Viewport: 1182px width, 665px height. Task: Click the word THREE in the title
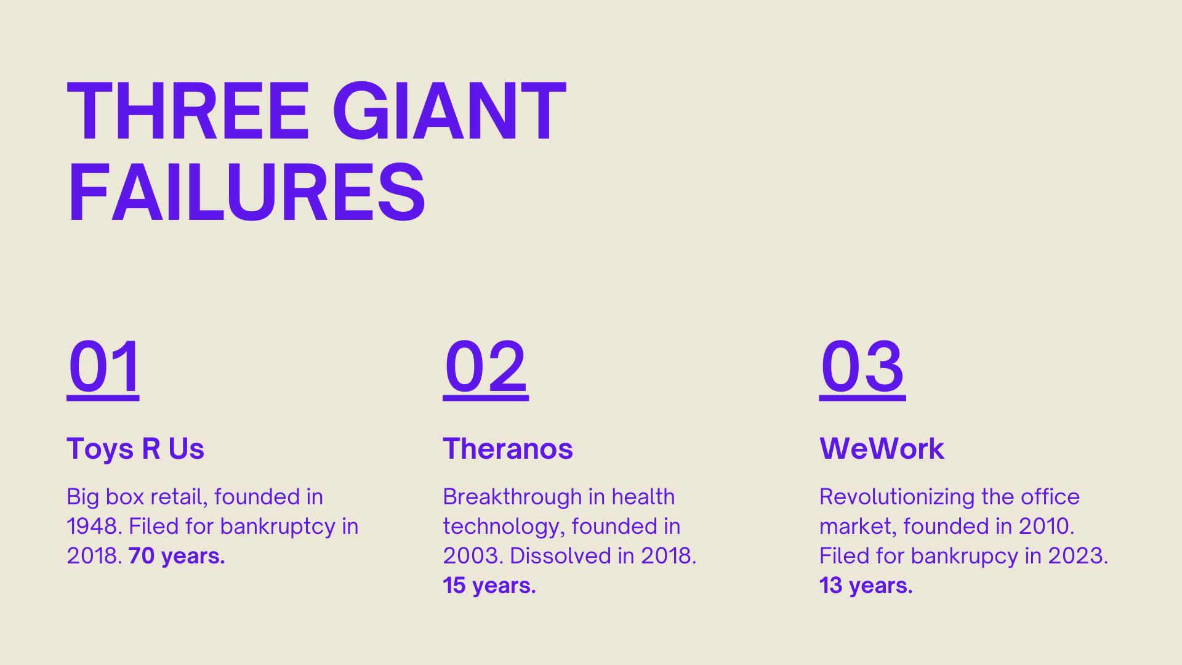tap(188, 112)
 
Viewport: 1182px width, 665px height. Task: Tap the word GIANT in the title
tap(449, 112)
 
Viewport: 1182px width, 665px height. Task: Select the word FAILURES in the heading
tap(246, 191)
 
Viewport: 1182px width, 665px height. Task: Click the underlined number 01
tap(103, 368)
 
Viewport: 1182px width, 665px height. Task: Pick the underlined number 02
tap(486, 368)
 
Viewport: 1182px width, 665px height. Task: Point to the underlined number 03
tap(862, 368)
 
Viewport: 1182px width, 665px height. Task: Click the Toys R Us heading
tap(135, 448)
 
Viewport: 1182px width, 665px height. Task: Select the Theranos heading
tap(508, 448)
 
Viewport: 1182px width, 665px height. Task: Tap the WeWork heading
tap(882, 448)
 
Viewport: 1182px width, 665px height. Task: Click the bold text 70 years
tap(177, 556)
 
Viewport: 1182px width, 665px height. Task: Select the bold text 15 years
tap(489, 586)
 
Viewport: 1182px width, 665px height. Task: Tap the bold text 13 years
tap(866, 586)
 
